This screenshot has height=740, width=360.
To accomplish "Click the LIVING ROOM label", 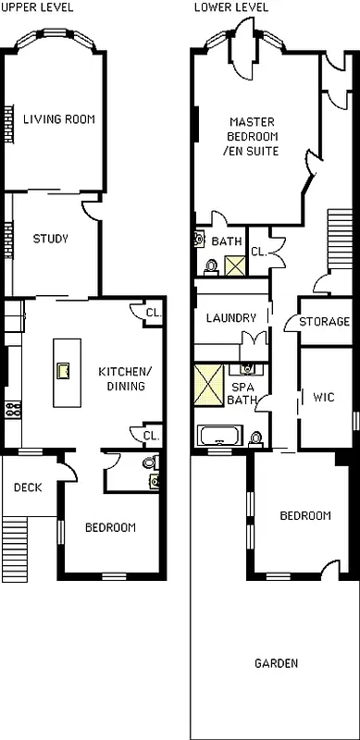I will click(x=58, y=118).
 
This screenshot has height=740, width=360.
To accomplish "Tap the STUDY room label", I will click(x=51, y=239).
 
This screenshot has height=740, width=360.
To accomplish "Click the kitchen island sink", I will click(x=64, y=372).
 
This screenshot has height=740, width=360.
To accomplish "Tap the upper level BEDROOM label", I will click(x=110, y=528).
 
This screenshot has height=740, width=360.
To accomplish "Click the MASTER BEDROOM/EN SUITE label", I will click(x=253, y=137).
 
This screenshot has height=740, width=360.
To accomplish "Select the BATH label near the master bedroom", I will click(x=226, y=242).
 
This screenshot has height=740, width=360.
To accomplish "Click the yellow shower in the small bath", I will click(x=234, y=265).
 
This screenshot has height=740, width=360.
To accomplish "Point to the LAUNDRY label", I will click(x=230, y=318).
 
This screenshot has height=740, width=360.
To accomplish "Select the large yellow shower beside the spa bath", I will click(x=208, y=386).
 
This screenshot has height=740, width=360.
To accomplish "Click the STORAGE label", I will click(x=324, y=322).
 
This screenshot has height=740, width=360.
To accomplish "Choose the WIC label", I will click(x=324, y=398).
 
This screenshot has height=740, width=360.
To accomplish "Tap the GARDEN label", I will click(x=277, y=663).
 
